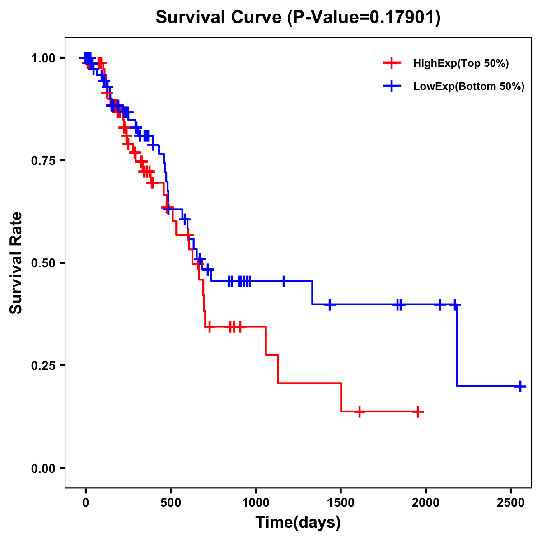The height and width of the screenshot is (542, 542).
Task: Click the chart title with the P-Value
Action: coord(298,18)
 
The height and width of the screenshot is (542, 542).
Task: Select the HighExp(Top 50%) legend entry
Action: coord(461,64)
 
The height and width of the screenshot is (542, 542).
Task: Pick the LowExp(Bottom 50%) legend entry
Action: coord(468,87)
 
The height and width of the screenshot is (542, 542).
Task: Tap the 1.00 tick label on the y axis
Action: coord(42,58)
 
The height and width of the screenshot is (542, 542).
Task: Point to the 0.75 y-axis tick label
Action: coord(42,161)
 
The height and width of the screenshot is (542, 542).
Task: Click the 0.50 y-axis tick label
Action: coord(42,263)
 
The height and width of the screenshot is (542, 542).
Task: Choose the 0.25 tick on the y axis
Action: coord(42,365)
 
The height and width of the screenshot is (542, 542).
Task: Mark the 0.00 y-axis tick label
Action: coord(42,468)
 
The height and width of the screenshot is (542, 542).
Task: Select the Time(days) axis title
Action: coord(298,523)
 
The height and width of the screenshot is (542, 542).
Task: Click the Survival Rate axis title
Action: coord(16,263)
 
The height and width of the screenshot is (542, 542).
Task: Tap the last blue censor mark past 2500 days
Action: coord(520,386)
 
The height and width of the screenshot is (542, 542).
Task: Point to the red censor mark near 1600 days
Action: coord(359,412)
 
